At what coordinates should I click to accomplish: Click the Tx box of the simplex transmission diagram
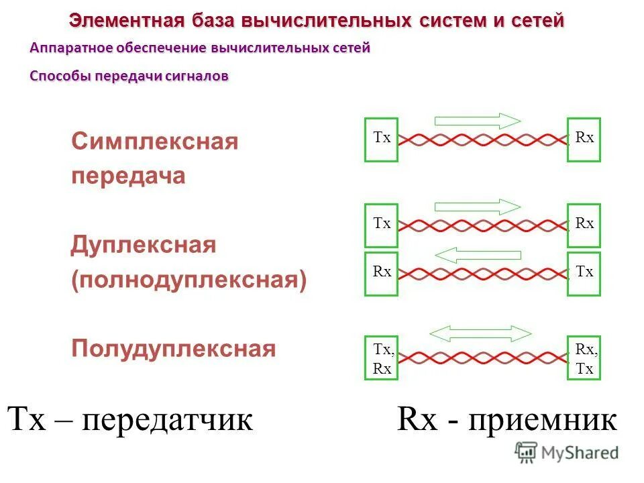pos(381,140)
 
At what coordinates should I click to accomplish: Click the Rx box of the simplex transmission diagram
pos(584,140)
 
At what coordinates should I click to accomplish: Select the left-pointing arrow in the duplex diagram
pos(478,255)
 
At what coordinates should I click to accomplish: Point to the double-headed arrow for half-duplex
pos(480,332)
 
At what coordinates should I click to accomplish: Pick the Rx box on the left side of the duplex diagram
pos(381,274)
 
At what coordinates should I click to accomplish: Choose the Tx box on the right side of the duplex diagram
pos(584,274)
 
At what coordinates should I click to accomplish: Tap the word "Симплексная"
pos(154,142)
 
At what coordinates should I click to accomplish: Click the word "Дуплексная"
pos(144,246)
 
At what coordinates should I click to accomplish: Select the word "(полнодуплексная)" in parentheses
pos(189,280)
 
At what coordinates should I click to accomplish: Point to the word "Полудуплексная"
pos(173,349)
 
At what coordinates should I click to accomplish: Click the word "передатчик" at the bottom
pos(168,420)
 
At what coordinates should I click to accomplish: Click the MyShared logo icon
pos(527,452)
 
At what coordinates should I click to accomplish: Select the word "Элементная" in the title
pos(126,21)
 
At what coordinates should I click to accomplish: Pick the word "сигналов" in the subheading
pos(199,76)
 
